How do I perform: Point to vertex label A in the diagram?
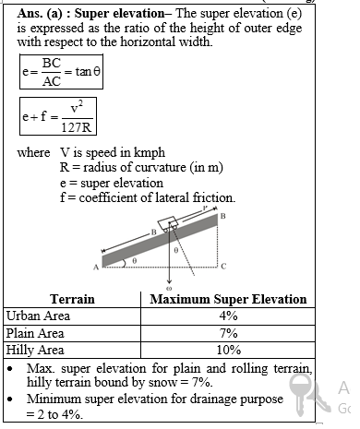point(95,267)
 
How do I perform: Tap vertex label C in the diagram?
point(223,267)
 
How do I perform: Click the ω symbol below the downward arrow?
point(170,290)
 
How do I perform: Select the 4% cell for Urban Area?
point(228,316)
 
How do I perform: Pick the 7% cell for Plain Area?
point(228,332)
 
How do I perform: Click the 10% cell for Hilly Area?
point(228,350)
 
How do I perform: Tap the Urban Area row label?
point(37,316)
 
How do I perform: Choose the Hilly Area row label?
point(35,350)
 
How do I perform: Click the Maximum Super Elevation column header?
point(228,299)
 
